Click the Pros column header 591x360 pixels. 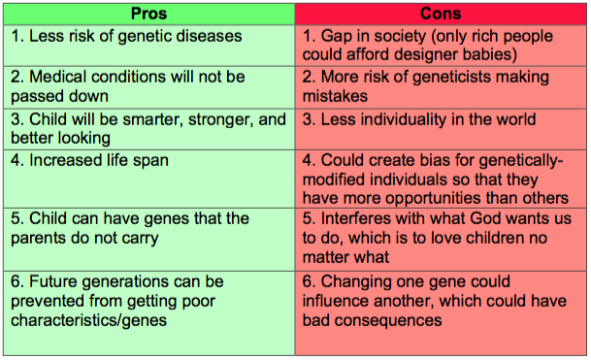(x=148, y=14)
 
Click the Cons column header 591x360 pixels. (x=441, y=14)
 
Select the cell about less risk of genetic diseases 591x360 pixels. (x=148, y=46)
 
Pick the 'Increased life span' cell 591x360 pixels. (x=148, y=179)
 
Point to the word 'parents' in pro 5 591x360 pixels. (x=38, y=239)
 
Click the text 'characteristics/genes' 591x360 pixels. (x=88, y=321)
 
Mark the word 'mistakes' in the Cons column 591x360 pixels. (x=335, y=96)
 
